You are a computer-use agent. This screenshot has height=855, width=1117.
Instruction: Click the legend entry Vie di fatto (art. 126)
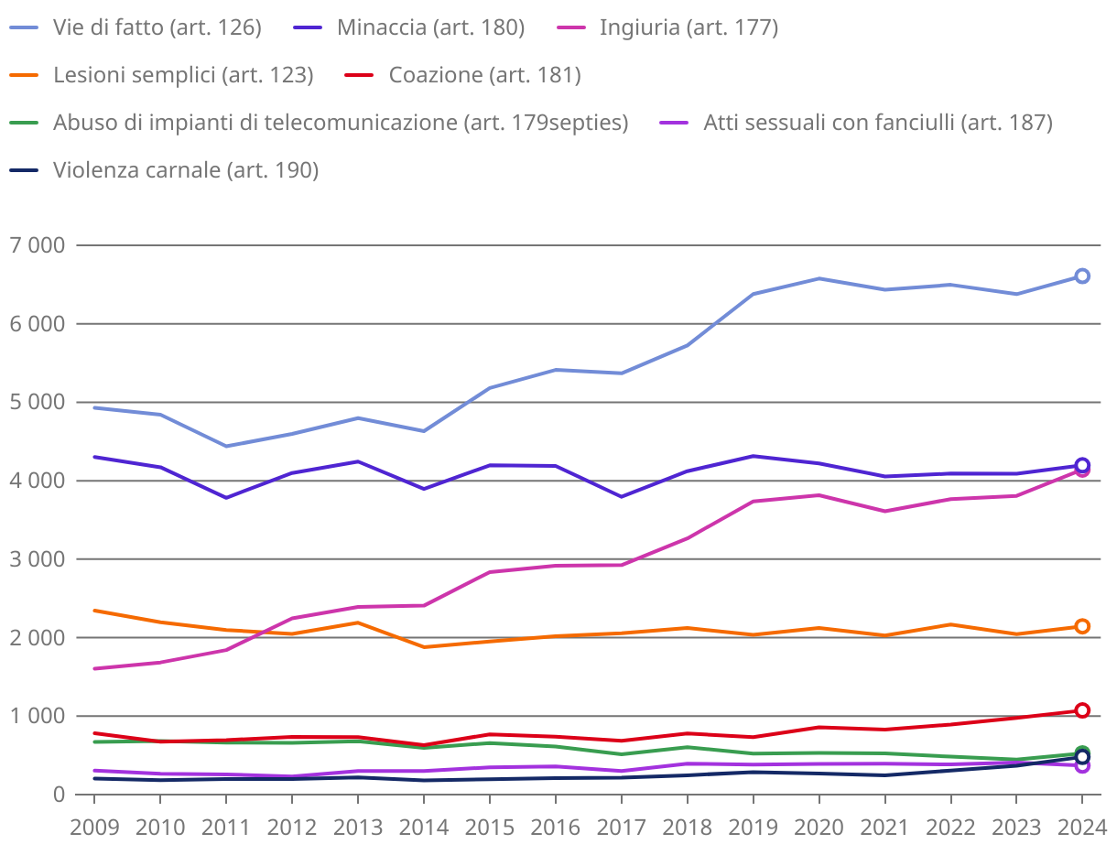157,27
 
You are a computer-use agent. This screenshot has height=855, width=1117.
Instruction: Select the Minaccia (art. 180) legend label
430,27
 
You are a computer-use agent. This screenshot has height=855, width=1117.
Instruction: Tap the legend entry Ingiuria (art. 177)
689,27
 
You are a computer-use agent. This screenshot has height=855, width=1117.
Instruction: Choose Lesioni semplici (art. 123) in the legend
183,75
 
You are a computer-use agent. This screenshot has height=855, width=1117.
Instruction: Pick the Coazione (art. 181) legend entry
484,75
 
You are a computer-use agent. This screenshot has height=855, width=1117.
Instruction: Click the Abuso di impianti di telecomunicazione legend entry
341,123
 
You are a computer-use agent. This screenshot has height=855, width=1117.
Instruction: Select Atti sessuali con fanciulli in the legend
877,123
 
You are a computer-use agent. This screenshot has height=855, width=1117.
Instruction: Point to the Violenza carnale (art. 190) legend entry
186,170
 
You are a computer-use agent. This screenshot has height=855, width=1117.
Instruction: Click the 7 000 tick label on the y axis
38,245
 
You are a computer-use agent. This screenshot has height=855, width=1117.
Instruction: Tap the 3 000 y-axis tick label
38,559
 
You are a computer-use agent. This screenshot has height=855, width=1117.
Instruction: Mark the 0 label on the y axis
59,795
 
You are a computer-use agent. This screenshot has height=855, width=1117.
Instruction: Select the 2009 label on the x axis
94,828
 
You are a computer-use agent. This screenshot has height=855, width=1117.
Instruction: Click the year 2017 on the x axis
621,828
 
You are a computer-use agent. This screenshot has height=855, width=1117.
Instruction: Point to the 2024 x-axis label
1081,828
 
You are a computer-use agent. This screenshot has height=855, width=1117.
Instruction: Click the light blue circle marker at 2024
1081,276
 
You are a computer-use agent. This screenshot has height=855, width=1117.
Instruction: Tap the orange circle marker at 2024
1081,626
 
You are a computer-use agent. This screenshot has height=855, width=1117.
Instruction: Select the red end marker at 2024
1081,710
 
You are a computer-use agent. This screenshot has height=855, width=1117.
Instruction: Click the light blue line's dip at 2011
226,446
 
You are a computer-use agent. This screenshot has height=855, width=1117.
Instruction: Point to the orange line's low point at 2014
423,647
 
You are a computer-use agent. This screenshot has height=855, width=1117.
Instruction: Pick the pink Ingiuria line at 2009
94,668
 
